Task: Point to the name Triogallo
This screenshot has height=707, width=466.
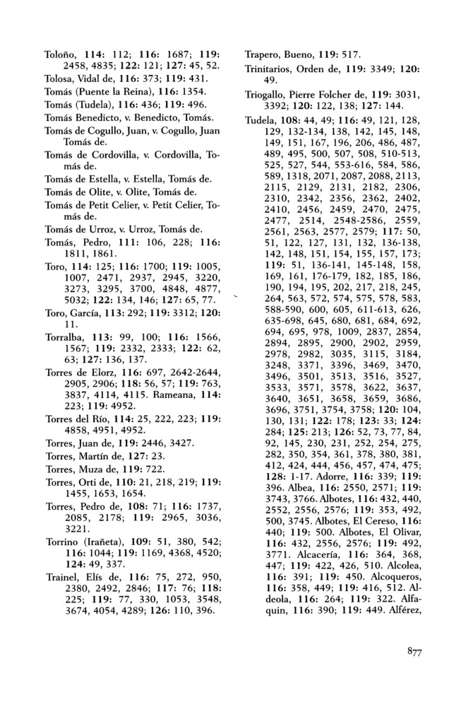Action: (266, 95)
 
